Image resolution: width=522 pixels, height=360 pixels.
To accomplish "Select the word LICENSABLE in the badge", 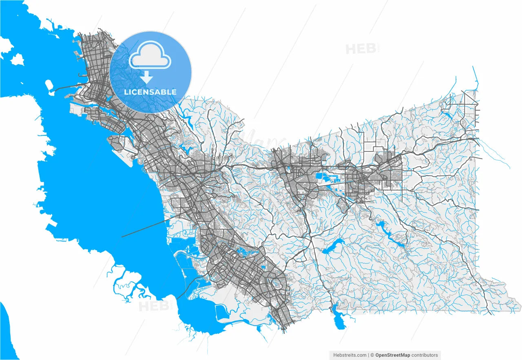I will (x=150, y=92).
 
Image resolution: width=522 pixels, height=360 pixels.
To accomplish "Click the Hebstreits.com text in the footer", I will (x=350, y=355).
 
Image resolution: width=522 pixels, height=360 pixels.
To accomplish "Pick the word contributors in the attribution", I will (x=425, y=355).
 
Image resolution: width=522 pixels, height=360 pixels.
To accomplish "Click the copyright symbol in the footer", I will (x=372, y=355).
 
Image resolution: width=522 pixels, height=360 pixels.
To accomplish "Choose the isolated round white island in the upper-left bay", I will (x=17, y=60).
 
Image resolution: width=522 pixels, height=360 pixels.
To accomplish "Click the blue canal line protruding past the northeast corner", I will (x=476, y=77).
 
